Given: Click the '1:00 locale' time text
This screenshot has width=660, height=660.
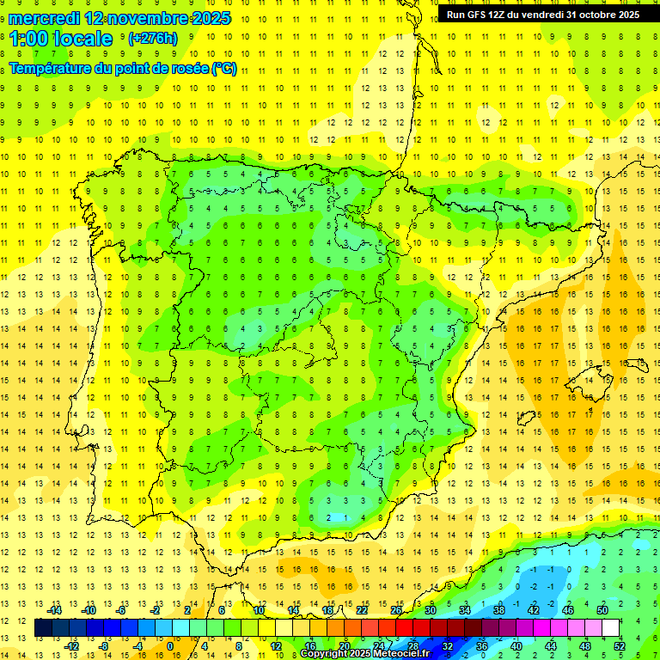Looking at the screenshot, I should pos(61,39).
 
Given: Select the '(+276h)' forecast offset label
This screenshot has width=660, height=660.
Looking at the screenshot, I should pos(153,39).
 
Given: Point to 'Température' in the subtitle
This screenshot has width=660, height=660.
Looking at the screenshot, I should pos(53,69).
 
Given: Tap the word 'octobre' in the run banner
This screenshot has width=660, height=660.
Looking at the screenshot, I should pos(587,15).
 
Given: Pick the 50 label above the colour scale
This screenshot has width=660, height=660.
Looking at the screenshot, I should pos(602,610).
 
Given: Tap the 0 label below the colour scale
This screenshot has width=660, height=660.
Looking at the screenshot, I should pos(170,645).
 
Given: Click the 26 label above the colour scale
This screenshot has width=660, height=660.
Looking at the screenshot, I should pos(396,610).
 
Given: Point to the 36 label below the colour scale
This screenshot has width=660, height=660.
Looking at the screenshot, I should pos(482,645).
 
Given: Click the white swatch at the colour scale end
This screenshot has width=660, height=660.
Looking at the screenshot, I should pos(611,628).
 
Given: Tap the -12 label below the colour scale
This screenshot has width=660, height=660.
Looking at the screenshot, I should pos(72,645).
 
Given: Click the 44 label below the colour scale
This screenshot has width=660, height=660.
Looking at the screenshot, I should pos(551,645).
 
